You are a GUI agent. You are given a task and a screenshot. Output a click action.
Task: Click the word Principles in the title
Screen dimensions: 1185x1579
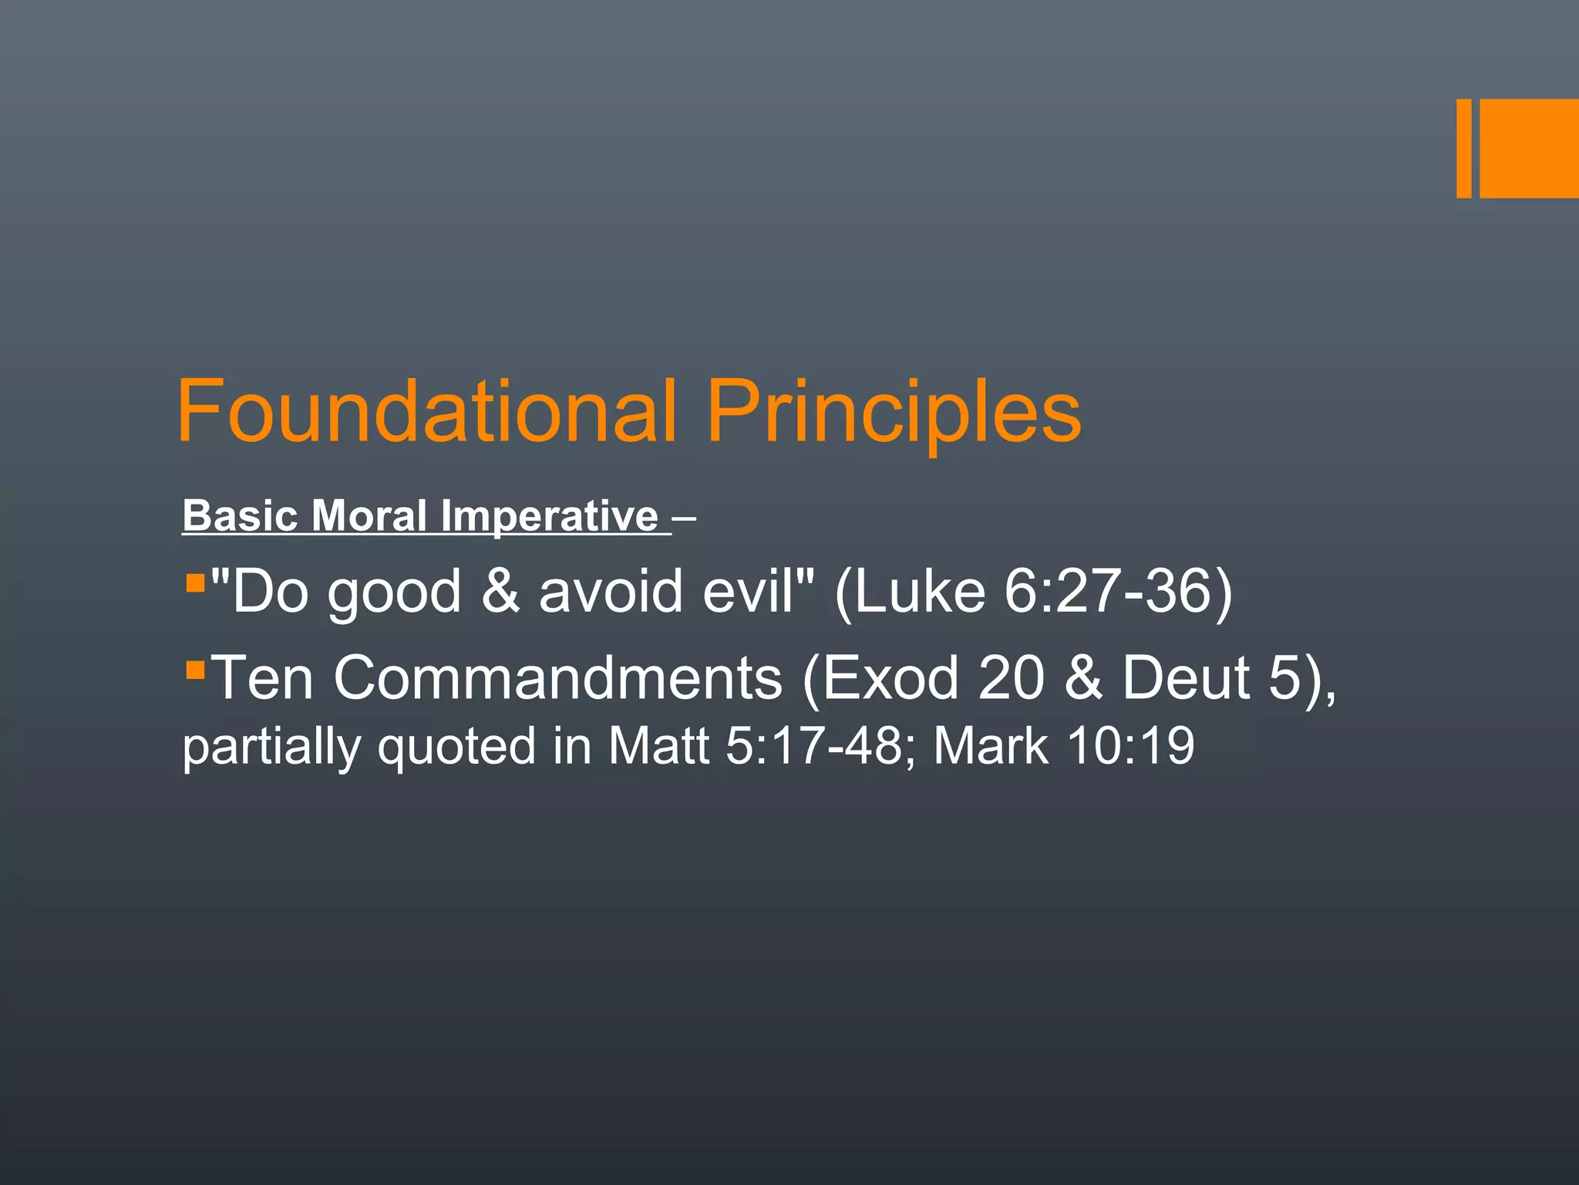click(894, 413)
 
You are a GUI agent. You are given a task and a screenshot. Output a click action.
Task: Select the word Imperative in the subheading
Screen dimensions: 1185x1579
click(550, 517)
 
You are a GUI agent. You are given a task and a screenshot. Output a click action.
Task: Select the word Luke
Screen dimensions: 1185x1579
click(917, 592)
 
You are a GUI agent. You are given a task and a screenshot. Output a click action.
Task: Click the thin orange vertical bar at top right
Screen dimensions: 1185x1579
click(1463, 148)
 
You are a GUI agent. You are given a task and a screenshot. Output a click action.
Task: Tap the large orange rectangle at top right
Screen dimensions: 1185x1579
click(1529, 148)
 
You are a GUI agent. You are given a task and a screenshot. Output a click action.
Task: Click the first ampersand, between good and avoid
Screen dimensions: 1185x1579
click(500, 592)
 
